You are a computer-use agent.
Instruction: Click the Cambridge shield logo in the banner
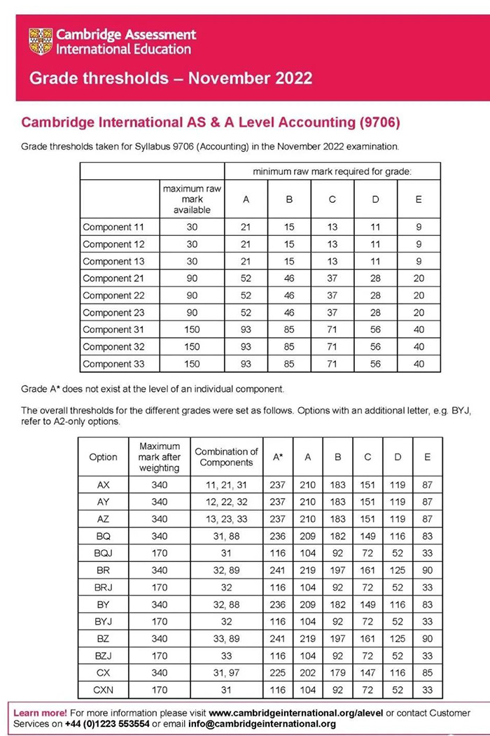[x=41, y=42]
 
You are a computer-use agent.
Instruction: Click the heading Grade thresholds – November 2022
[x=171, y=77]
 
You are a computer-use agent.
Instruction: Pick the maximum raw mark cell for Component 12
[x=192, y=244]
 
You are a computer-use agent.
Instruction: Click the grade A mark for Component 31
[x=246, y=330]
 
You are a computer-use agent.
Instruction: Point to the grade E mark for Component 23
[x=418, y=313]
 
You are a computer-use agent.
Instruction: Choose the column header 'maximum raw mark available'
[x=192, y=199]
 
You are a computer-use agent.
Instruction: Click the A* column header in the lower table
[x=278, y=457]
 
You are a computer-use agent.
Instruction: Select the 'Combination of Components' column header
[x=226, y=457]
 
